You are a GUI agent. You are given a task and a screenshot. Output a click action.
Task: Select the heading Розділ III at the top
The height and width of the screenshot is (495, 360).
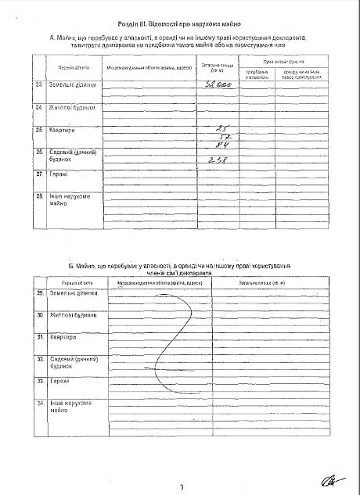[x=179, y=25]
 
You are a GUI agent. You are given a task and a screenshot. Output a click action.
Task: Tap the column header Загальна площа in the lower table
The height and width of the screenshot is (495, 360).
[x=272, y=282]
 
